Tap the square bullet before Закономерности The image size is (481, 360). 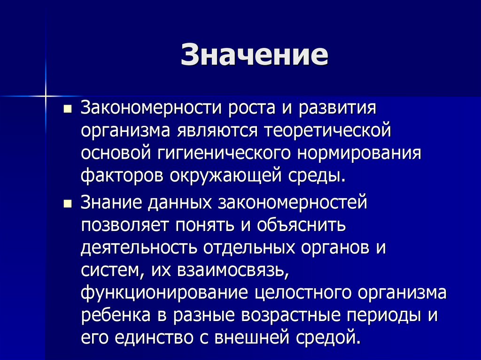(x=67, y=109)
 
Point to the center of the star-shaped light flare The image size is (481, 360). (x=46, y=96)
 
